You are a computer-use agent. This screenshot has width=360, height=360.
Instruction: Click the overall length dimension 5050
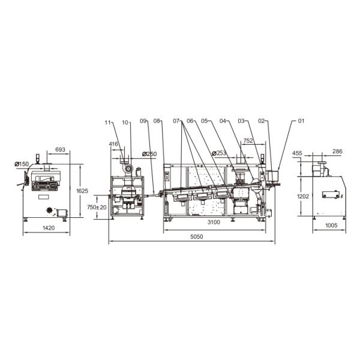click(197, 236)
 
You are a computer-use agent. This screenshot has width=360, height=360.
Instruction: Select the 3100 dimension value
click(214, 222)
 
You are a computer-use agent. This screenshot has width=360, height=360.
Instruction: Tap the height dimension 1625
click(82, 191)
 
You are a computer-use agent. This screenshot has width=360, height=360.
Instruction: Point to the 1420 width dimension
click(49, 228)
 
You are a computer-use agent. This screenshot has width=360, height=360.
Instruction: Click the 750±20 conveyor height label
click(97, 207)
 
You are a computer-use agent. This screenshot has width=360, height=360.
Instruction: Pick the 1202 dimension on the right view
click(303, 196)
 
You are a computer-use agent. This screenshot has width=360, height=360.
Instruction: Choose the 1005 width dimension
click(331, 225)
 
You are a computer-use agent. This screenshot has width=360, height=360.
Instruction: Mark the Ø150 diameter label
click(22, 164)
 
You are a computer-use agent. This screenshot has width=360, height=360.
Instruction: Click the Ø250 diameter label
click(149, 154)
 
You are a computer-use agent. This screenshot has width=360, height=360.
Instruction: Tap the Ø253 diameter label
click(219, 153)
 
